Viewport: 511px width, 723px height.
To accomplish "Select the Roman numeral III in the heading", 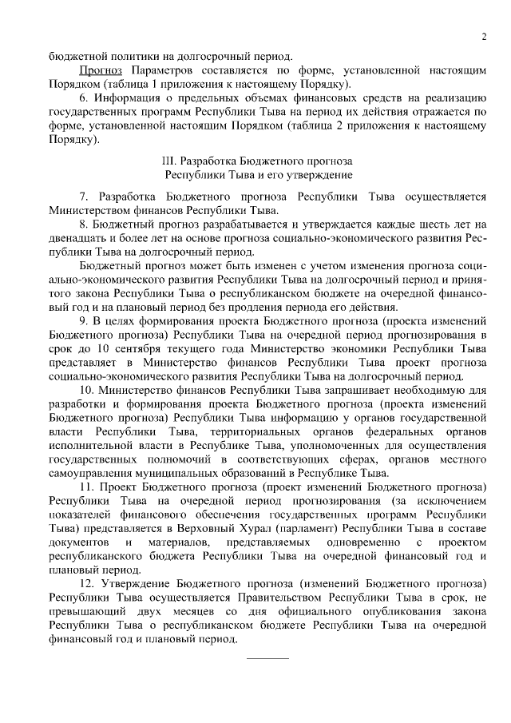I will pos(168,161).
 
